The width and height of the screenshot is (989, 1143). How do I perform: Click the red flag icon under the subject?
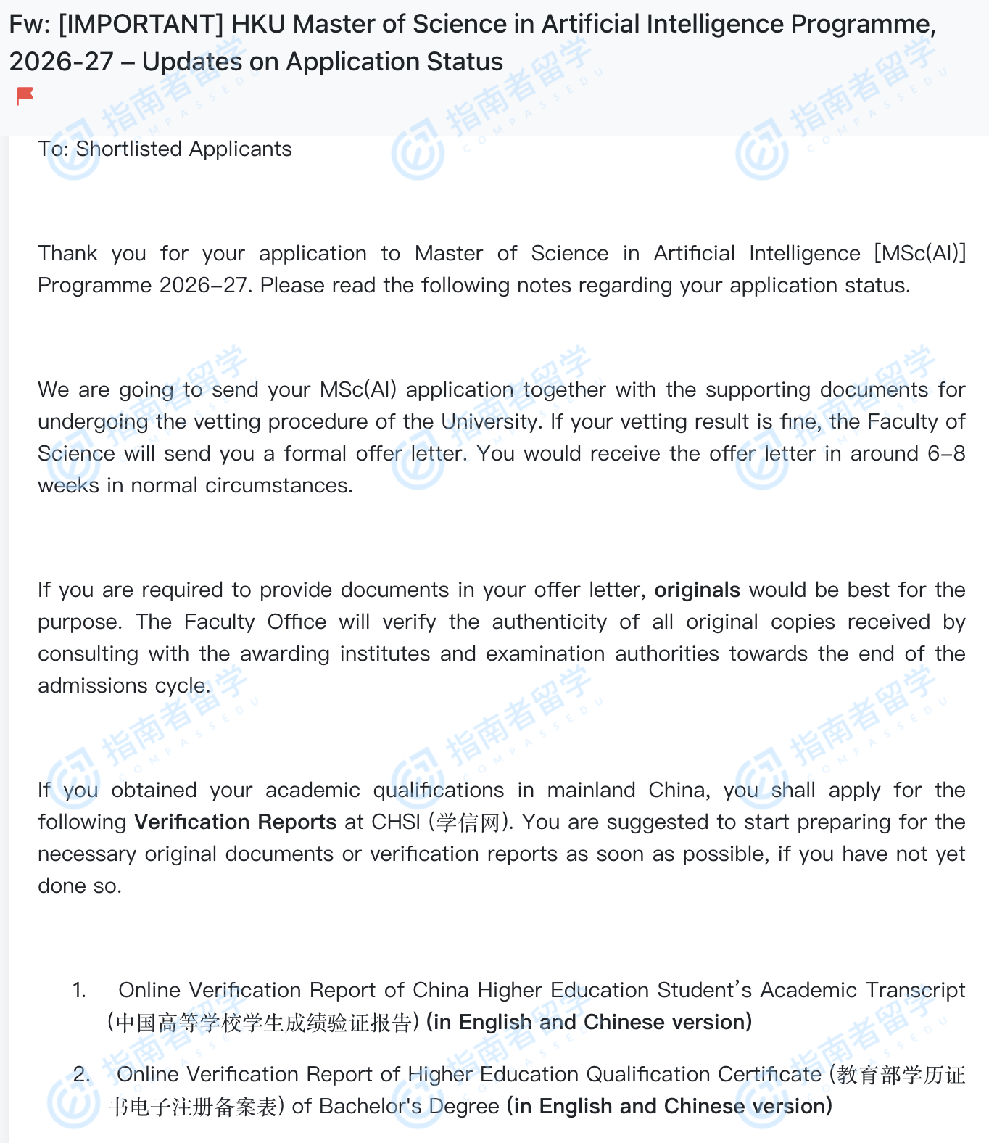(25, 96)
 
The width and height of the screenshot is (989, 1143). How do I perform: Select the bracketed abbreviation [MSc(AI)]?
(920, 254)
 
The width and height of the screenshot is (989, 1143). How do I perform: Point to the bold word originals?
(697, 590)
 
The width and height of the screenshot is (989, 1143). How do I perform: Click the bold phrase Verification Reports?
(236, 822)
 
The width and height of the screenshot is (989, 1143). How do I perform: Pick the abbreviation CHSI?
(396, 822)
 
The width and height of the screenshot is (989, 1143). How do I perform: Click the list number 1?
(79, 991)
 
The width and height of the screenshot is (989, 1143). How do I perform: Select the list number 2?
(81, 1075)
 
